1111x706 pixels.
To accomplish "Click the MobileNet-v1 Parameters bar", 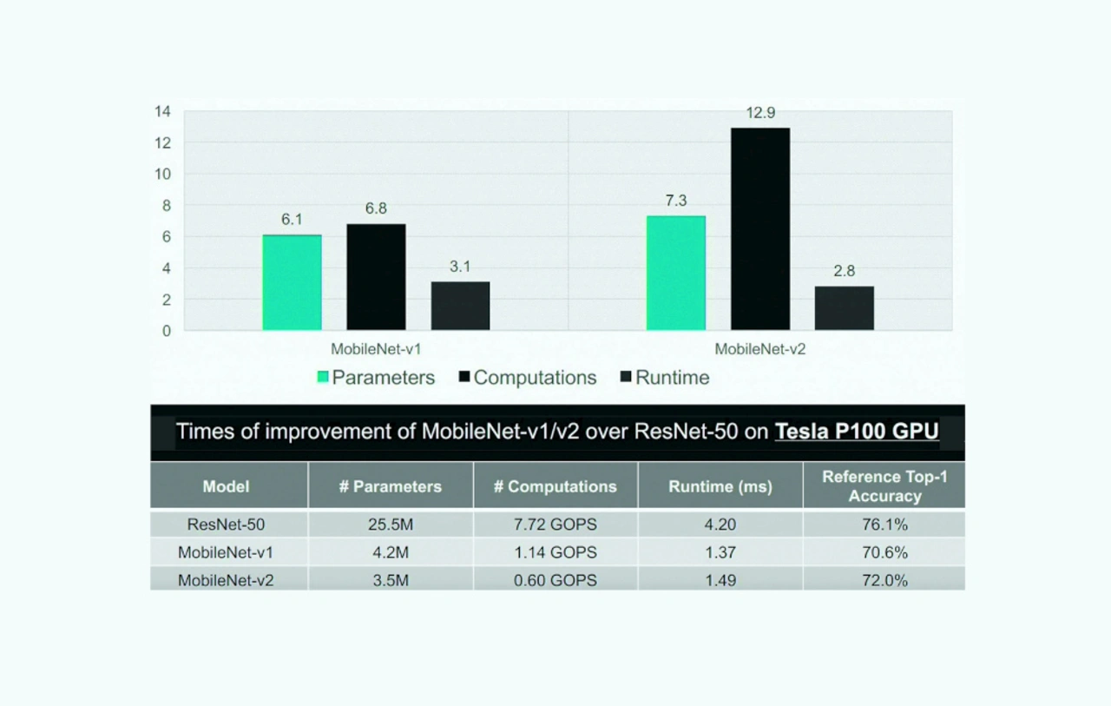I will coord(292,283).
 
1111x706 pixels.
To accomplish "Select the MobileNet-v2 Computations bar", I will coord(760,229).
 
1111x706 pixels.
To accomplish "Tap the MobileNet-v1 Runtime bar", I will coord(460,306).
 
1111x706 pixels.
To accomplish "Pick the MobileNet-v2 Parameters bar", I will coord(675,273).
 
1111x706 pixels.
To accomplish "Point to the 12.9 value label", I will coord(759,113).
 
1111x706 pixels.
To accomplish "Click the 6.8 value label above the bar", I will coord(376,208).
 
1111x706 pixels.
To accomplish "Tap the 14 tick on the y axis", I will coord(162,111).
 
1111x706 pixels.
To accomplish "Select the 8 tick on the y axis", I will coord(166,206).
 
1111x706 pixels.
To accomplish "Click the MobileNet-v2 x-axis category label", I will coord(760,349).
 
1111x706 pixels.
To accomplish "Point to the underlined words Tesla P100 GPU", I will coord(857,432).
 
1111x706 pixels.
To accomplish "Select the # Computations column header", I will coord(555,486).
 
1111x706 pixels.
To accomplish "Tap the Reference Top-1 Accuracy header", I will coord(884,486).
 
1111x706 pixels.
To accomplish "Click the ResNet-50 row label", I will coord(226,525).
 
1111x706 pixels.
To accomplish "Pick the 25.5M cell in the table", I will coord(391,525).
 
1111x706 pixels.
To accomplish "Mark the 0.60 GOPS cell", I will coord(555,580).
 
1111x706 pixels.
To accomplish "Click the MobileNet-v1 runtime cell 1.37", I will coord(720,552).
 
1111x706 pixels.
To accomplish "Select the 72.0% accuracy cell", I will coord(884,580).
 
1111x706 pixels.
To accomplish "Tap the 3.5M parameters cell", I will coord(391,580).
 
